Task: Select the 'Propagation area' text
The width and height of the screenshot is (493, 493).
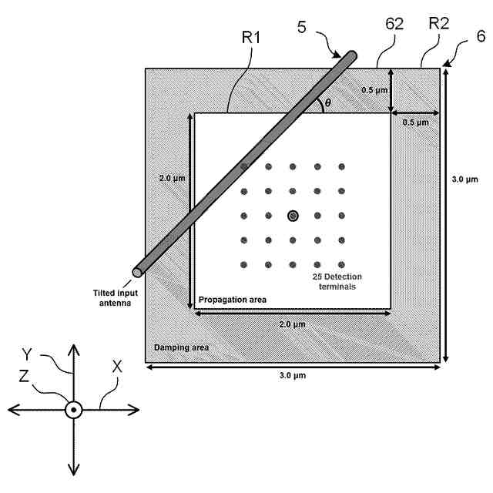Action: point(233,298)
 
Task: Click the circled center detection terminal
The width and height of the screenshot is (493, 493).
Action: point(293,216)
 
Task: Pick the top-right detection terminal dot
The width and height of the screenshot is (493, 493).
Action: point(341,167)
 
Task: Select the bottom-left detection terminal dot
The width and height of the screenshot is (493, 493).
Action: point(244,264)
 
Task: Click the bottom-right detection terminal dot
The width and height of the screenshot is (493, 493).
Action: point(341,264)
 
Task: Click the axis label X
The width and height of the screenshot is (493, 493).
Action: point(118,368)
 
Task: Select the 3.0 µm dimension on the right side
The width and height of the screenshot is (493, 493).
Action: point(467,181)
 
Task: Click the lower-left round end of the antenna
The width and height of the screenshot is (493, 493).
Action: point(138,271)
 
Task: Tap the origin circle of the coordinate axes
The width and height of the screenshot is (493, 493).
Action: point(73,410)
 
